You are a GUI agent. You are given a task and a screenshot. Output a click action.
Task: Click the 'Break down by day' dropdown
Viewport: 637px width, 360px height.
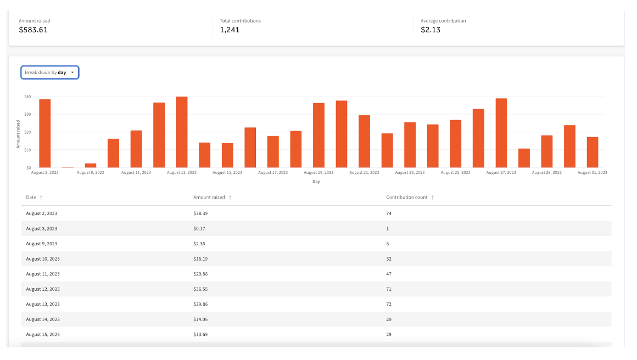(x=49, y=72)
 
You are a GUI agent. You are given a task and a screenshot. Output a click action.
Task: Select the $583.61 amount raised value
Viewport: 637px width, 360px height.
(x=33, y=30)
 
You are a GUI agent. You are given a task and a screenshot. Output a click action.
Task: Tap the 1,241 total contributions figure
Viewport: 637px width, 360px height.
(x=230, y=30)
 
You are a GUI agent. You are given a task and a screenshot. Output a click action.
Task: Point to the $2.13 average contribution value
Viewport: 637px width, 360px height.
(x=431, y=30)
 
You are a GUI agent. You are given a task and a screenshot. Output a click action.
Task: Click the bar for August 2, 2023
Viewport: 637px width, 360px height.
(x=45, y=133)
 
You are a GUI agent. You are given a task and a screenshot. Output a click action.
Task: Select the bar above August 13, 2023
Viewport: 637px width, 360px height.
(x=182, y=132)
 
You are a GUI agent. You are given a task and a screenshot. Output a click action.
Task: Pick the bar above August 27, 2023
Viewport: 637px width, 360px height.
(x=501, y=133)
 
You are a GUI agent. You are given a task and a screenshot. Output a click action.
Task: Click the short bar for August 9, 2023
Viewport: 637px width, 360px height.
(x=91, y=165)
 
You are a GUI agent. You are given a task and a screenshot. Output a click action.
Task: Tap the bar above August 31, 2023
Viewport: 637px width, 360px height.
(x=592, y=152)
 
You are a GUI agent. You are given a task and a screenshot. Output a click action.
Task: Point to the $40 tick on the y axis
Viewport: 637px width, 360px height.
(x=27, y=97)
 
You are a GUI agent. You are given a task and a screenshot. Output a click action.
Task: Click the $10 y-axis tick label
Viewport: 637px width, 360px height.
(x=27, y=150)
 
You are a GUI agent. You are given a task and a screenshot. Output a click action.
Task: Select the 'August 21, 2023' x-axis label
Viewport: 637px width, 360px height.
(x=364, y=173)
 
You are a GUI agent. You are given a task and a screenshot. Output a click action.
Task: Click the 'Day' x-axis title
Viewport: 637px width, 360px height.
(x=316, y=182)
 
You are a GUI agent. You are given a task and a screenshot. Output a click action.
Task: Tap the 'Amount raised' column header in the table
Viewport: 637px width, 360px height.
(x=209, y=198)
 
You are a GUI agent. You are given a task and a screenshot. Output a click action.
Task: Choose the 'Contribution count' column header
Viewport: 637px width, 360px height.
(x=406, y=198)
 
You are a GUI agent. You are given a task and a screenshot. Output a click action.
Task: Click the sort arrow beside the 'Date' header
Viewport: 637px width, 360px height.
(x=41, y=198)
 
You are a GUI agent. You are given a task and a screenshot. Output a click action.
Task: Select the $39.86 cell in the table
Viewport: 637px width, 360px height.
(x=200, y=304)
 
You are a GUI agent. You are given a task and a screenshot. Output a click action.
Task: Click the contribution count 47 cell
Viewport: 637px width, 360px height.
(x=389, y=274)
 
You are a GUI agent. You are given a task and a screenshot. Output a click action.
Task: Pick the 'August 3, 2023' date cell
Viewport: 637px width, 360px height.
(x=41, y=228)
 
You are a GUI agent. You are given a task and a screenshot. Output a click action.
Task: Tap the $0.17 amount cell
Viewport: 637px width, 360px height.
(x=199, y=228)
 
